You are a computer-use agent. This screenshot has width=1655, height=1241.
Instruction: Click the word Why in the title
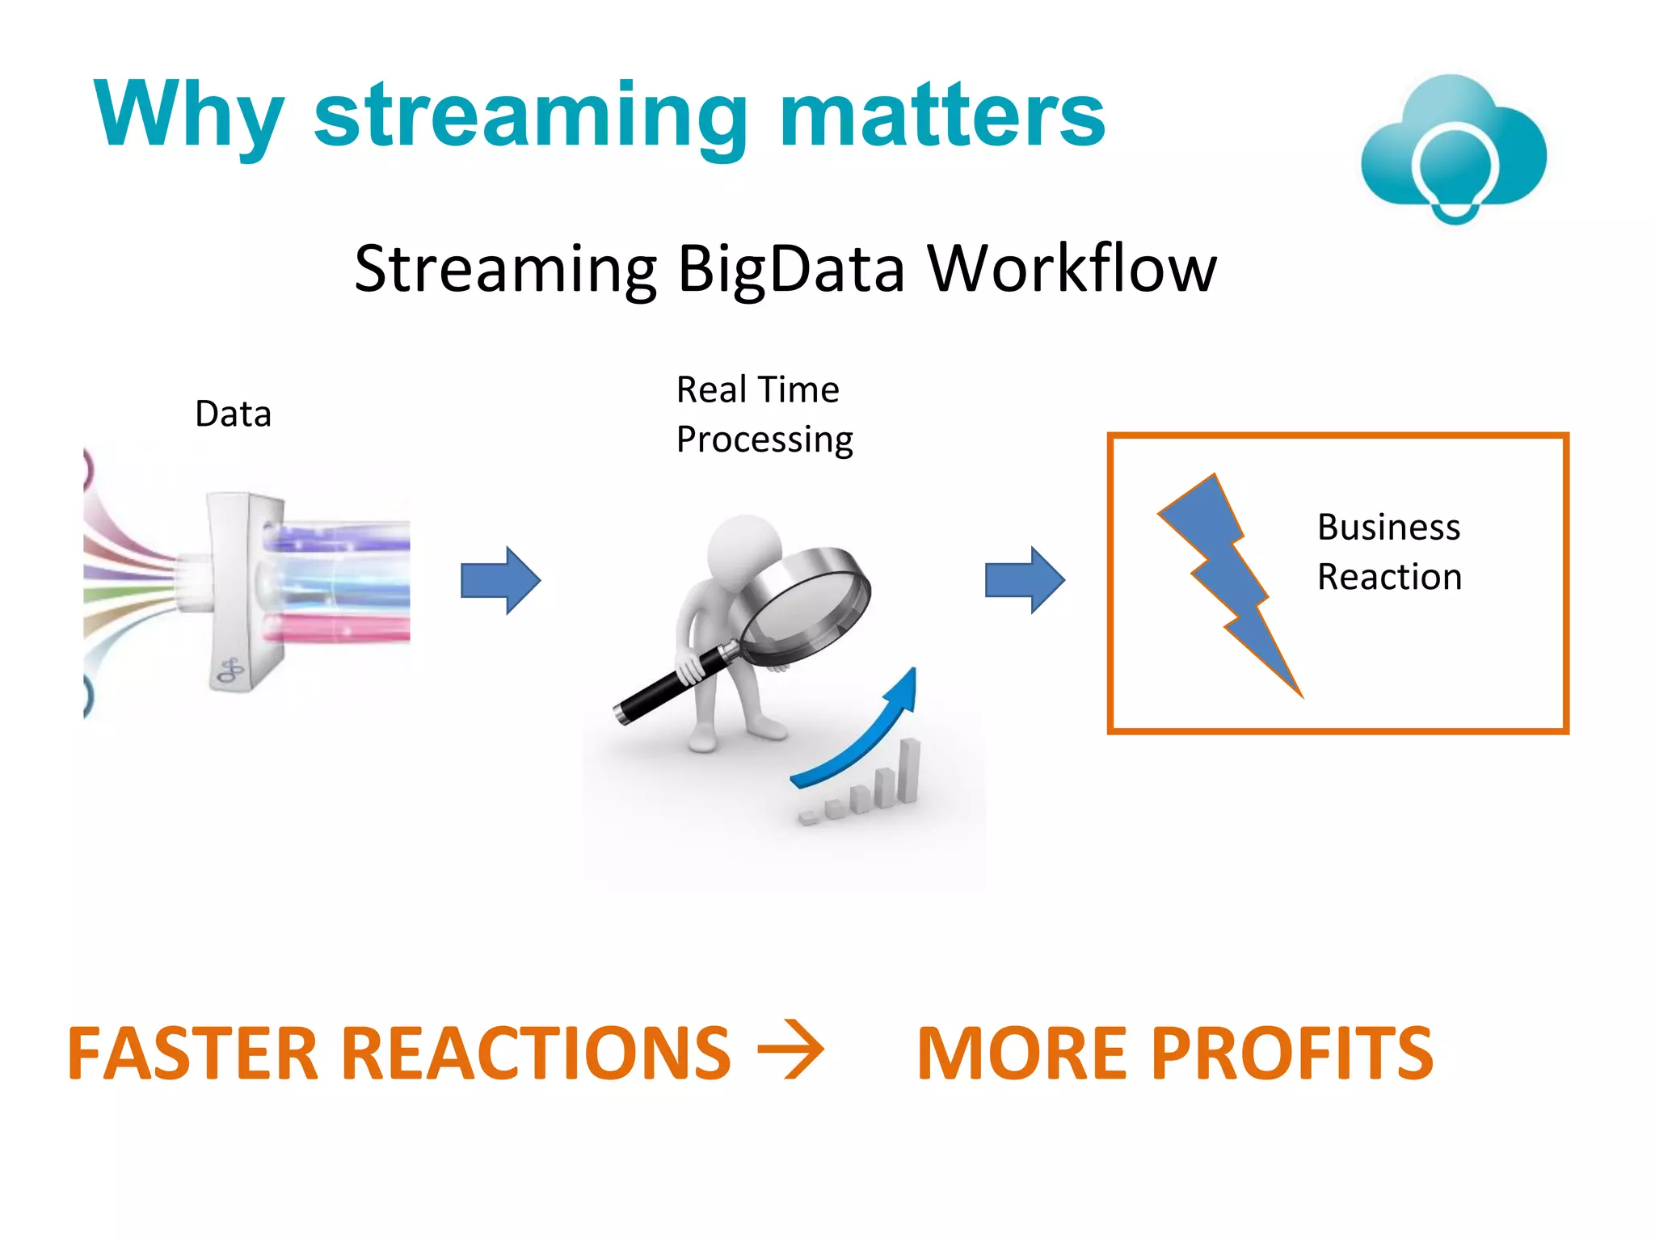(188, 115)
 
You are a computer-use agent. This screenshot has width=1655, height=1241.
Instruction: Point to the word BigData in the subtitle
(790, 269)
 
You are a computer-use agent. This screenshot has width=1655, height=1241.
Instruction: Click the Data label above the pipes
(233, 414)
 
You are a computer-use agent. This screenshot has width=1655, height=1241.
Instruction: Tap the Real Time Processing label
(764, 414)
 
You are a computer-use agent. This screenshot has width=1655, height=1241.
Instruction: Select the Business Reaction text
(1388, 552)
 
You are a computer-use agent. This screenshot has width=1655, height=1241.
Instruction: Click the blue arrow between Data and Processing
(500, 580)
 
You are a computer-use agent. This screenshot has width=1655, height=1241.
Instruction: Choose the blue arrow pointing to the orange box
(1025, 580)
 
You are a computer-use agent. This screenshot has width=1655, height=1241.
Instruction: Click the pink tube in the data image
(339, 626)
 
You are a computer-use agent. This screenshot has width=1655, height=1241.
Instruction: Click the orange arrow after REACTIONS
(790, 1050)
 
